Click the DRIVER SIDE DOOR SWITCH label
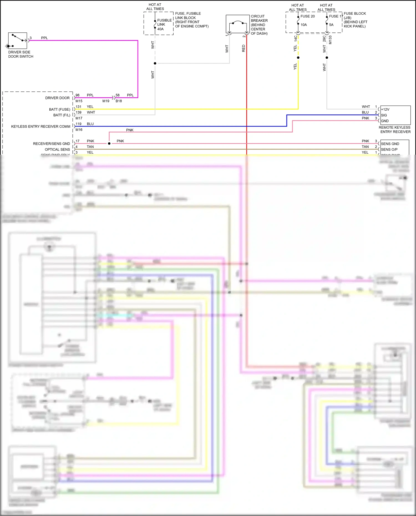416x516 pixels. (21, 54)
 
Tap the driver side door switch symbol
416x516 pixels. (17, 40)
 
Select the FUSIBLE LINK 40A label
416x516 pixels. (164, 25)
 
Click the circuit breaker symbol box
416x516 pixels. (238, 24)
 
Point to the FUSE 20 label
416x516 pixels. (308, 16)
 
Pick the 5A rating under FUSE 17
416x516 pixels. (331, 25)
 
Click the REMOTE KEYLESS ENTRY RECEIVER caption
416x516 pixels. (395, 129)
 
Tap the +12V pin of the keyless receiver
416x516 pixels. (385, 109)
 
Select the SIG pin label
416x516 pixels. (384, 115)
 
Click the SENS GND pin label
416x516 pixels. (390, 144)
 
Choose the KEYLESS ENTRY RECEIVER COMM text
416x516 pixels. (41, 126)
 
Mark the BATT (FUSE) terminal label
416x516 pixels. (60, 109)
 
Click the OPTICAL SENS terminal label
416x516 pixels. (57, 149)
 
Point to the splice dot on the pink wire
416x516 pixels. (109, 143)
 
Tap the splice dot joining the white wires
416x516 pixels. (155, 63)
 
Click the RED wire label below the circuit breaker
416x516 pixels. (243, 48)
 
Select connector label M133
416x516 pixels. (330, 40)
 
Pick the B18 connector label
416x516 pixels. (119, 101)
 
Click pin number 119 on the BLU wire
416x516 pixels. (78, 124)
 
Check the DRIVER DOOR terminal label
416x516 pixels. (57, 98)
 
